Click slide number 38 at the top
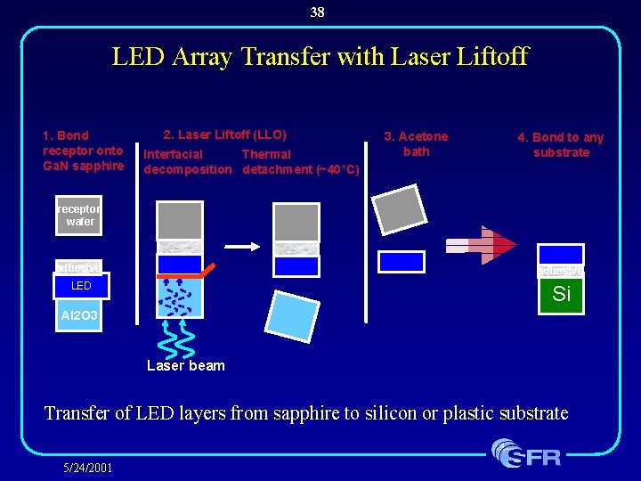318,12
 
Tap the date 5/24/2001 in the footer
88,466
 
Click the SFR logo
527,453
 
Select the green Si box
561,294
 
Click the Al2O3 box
80,315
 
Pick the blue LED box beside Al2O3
81,286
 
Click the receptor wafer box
79,216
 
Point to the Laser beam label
186,365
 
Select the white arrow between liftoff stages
237,245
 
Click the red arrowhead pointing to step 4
504,245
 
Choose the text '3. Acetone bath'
416,143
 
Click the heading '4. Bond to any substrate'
561,144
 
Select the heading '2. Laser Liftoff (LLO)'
224,135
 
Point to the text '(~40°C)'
337,169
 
